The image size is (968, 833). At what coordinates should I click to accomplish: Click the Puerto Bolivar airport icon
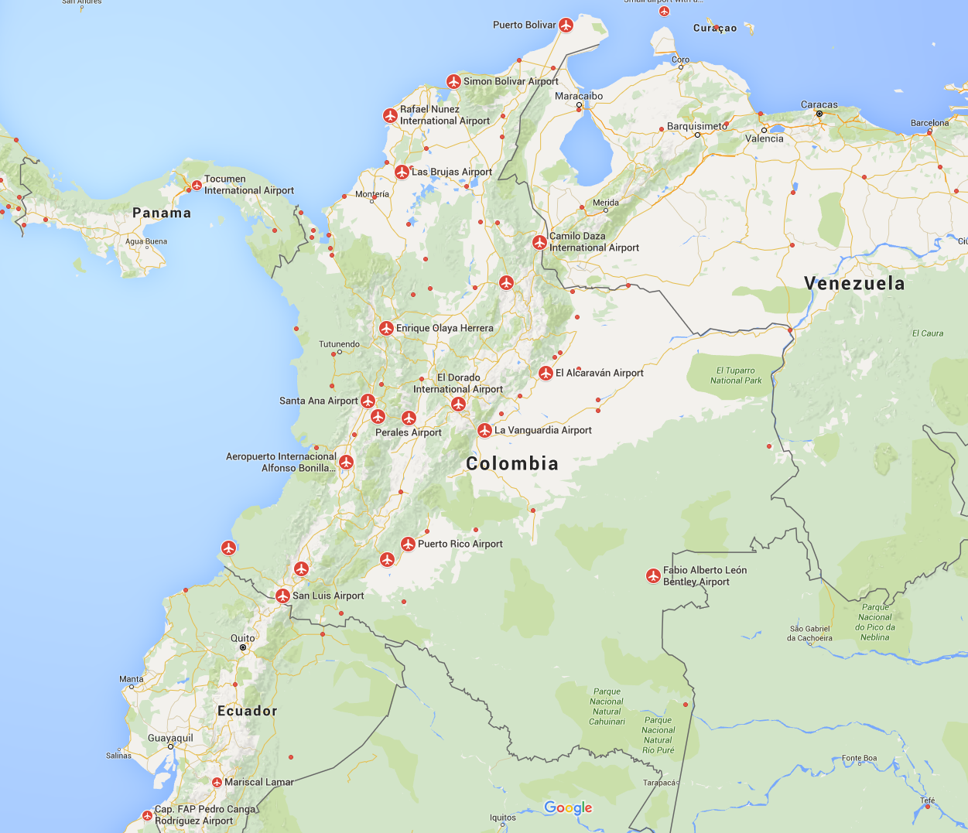point(566,26)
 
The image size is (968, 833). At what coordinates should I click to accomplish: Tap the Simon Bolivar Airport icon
point(454,81)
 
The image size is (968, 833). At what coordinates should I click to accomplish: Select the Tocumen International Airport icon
point(197,186)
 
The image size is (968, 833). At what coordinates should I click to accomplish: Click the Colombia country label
point(512,463)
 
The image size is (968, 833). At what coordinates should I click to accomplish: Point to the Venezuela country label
point(854,283)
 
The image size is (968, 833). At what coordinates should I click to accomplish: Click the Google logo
point(568,807)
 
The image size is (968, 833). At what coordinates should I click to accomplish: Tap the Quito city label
point(243,638)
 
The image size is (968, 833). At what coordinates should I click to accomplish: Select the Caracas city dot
point(819,114)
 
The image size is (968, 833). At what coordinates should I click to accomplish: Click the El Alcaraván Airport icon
point(546,374)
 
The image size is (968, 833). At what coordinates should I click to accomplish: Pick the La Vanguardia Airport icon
point(484,431)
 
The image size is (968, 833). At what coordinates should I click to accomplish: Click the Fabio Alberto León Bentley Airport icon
point(653,576)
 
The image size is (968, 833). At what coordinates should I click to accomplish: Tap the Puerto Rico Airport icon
point(408,545)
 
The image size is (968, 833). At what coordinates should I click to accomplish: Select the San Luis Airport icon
point(282,596)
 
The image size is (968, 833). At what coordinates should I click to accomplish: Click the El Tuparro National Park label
point(736,375)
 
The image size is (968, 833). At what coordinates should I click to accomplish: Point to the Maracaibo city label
point(579,96)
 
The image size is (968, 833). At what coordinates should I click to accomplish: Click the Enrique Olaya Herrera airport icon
point(386,329)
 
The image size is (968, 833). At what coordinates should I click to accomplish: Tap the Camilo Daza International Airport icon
point(539,243)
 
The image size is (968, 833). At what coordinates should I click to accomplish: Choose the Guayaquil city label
point(170,738)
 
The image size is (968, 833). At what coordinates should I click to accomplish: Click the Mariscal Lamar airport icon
point(217,783)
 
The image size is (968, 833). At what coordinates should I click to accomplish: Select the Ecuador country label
point(247,711)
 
